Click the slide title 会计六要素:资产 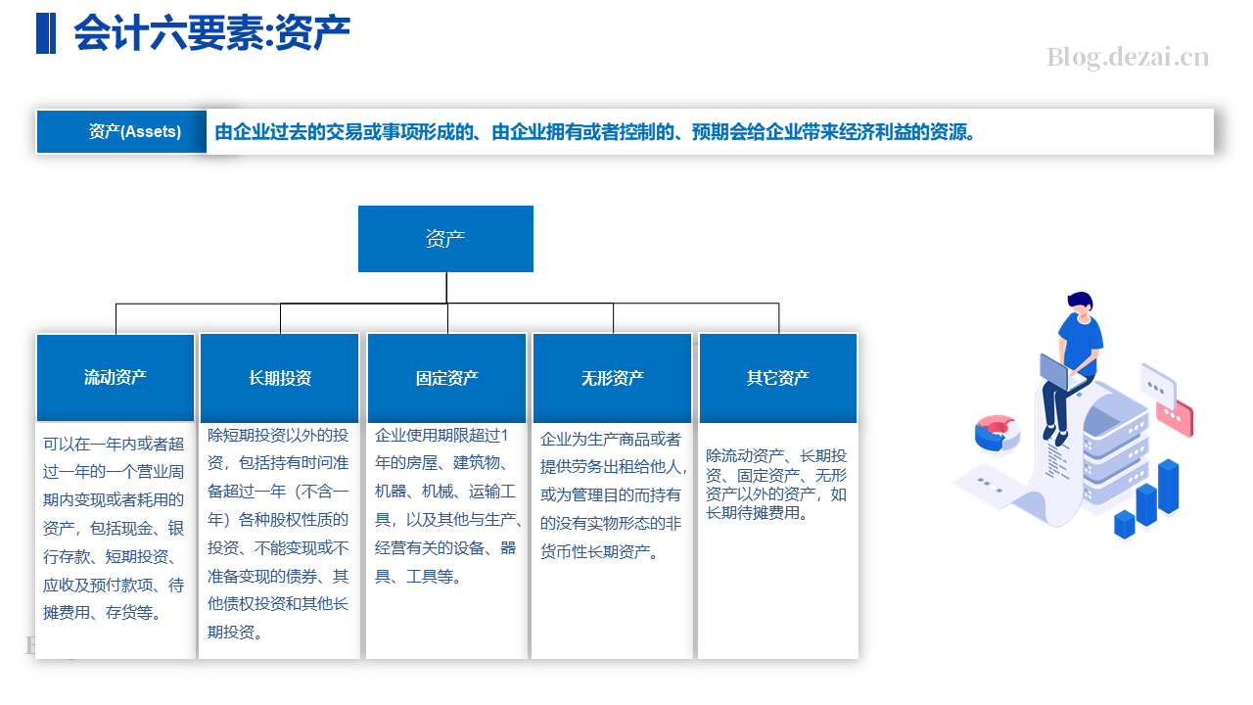[211, 32]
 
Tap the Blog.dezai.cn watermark [1128, 58]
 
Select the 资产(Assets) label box [121, 131]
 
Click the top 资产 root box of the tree [445, 239]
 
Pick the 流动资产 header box [116, 378]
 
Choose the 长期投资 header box [280, 378]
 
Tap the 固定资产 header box [446, 378]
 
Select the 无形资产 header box [613, 378]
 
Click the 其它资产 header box [778, 378]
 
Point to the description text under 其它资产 [776, 484]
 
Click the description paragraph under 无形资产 [613, 495]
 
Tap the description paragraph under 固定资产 [447, 505]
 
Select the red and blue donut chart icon [997, 433]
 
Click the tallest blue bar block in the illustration [1169, 486]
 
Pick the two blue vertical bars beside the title [46, 33]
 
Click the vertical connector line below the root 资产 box [446, 288]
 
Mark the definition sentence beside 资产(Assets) [595, 132]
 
